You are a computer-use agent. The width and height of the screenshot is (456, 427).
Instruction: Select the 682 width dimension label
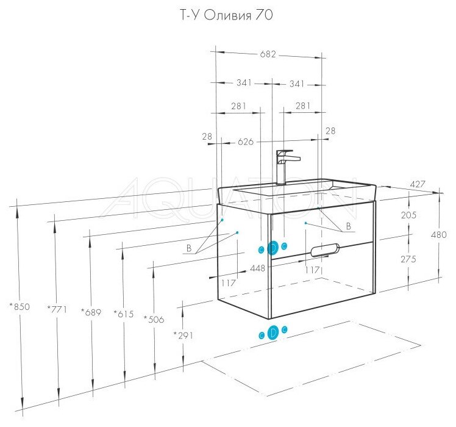pyautogui.click(x=269, y=54)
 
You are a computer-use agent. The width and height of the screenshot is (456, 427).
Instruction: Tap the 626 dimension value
pyautogui.click(x=246, y=142)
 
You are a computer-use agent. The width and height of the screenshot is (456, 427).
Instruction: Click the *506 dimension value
pyautogui.click(x=153, y=318)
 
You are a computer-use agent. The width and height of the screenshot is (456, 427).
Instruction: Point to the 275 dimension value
pyautogui.click(x=409, y=259)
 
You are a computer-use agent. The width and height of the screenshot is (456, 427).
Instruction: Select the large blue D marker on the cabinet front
pyautogui.click(x=273, y=247)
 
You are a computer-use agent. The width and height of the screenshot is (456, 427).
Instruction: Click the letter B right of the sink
pyautogui.click(x=349, y=226)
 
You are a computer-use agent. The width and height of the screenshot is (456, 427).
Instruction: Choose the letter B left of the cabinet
pyautogui.click(x=189, y=248)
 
